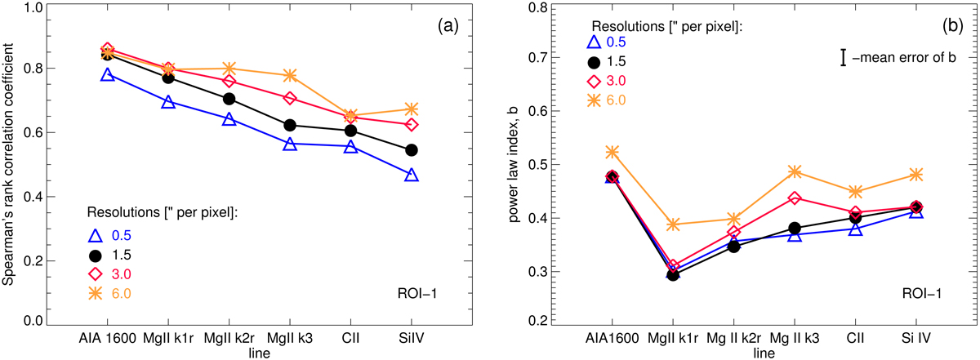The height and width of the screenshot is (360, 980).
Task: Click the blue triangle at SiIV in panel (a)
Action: [412, 176]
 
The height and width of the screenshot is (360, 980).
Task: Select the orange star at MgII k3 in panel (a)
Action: [290, 75]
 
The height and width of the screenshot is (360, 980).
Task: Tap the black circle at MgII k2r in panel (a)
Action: [229, 99]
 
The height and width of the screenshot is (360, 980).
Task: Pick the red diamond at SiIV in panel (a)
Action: [412, 125]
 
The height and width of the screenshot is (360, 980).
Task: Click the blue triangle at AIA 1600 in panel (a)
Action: [108, 75]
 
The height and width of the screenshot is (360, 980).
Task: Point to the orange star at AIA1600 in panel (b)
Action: [612, 152]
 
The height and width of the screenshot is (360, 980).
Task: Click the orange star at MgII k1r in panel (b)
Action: [673, 224]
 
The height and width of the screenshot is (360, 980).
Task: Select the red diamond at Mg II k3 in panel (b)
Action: [795, 198]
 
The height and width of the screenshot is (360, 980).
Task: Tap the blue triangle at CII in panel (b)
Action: [855, 229]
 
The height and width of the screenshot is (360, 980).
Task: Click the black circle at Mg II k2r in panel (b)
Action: [734, 246]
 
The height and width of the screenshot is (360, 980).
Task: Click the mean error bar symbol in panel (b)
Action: [844, 56]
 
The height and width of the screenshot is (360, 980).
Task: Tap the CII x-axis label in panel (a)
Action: [350, 336]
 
